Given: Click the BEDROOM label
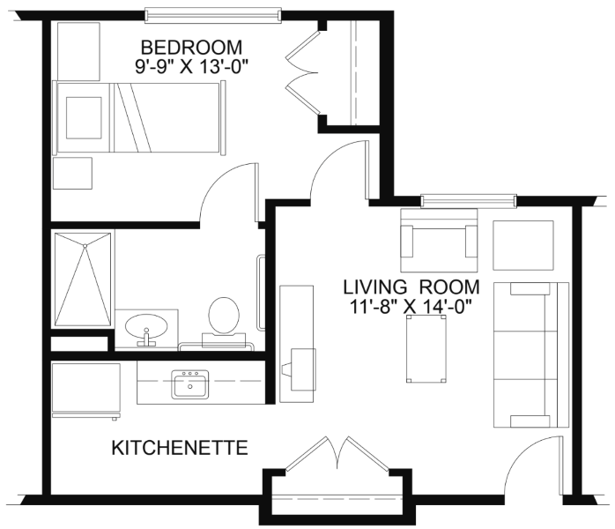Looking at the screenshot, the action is pos(191,48).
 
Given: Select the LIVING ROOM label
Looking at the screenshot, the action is pos(411,287).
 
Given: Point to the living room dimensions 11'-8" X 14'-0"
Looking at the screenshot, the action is pos(410,306).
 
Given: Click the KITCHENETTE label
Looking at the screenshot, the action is pos(180,448).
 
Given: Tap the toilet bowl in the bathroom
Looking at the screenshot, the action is pos(224,314).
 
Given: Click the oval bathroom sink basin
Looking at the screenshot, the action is pos(146,326).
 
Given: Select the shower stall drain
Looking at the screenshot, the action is pos(85,246).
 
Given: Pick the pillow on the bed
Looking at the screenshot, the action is pos(84,118).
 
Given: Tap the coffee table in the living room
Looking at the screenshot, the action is pos(426,349).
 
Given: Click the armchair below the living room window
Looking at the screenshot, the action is pos(439,240).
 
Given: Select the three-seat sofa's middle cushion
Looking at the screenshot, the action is pos(526,354).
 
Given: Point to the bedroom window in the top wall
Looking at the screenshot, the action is pos(213,14).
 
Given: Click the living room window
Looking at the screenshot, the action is pos(469,200).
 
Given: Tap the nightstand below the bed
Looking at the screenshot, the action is pos(72,173).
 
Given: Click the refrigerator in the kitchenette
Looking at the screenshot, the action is pos(86,390).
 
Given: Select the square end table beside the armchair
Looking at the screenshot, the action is pos(523,245).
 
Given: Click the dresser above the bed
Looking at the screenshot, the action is pos(78,51).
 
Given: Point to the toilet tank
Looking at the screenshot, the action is pos(224,340).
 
